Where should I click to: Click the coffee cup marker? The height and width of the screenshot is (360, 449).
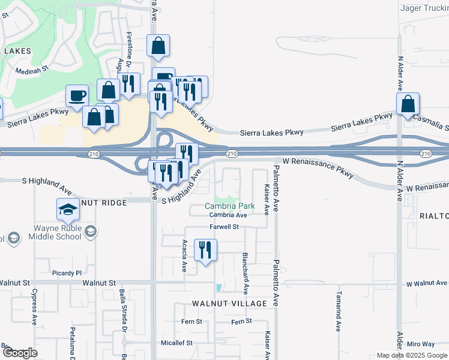point(77,95)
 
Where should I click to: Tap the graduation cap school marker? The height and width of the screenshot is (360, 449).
point(68,210)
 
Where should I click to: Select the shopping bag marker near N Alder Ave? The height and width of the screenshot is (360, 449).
point(408,103)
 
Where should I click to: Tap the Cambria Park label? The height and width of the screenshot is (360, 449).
point(230,206)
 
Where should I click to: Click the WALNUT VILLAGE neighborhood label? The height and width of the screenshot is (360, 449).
point(229,304)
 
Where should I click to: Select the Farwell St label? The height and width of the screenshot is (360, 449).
point(224,227)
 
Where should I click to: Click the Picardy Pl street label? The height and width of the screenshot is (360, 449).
point(66,273)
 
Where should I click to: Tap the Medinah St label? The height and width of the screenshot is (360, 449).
point(32,70)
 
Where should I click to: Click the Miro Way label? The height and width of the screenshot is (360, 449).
point(420,344)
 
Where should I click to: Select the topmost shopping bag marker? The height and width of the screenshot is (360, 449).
point(158,46)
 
